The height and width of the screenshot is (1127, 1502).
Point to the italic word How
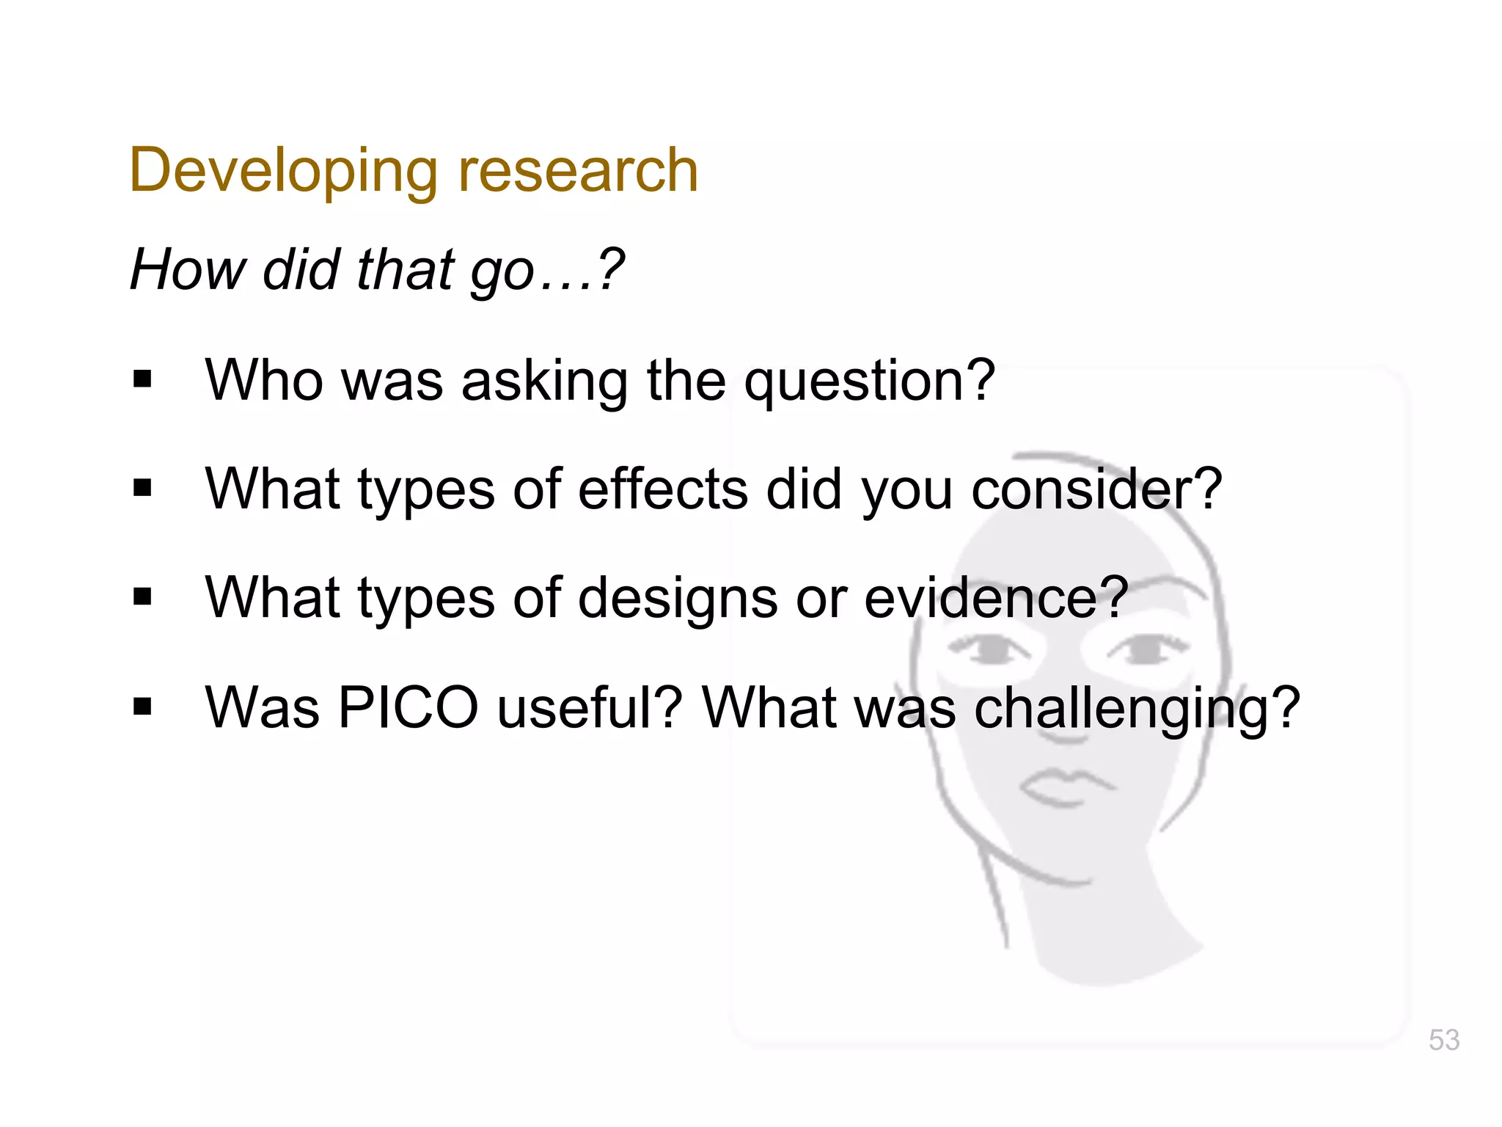188,269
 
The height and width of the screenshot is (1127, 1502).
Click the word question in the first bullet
869,382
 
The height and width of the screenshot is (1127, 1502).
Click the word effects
663,489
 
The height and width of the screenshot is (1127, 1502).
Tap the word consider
1096,489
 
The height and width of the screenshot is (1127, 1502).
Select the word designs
678,599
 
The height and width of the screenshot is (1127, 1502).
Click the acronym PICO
408,707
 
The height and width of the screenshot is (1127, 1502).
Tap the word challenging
1137,709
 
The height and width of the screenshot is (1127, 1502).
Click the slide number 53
1443,1040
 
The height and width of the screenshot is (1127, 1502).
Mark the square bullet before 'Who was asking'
143,379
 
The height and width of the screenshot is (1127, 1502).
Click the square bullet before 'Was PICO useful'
143,707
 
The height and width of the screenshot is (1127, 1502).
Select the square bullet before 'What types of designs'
143,597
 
